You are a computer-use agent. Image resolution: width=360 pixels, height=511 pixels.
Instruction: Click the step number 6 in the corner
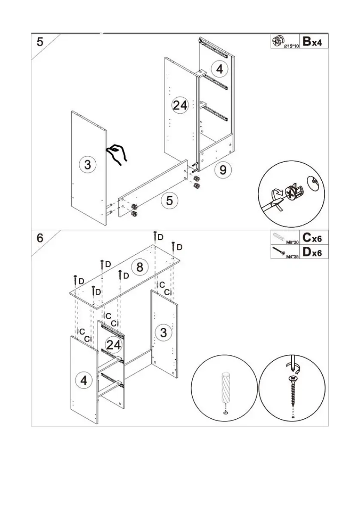pyautogui.click(x=40, y=238)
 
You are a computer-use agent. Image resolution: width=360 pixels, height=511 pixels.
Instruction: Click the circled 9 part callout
pyautogui.click(x=223, y=170)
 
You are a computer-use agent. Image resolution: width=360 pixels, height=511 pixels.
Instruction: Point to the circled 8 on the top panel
pyautogui.click(x=139, y=267)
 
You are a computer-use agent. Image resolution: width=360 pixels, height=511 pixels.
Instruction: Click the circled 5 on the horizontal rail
pyautogui.click(x=170, y=200)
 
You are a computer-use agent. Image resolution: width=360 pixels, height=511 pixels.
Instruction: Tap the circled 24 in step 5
pyautogui.click(x=180, y=105)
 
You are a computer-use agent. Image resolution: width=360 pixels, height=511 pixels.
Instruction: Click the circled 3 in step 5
pyautogui.click(x=88, y=164)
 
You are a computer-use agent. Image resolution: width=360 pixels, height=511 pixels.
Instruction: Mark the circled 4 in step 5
pyautogui.click(x=219, y=69)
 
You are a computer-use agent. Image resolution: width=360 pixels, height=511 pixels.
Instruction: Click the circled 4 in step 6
pyautogui.click(x=84, y=379)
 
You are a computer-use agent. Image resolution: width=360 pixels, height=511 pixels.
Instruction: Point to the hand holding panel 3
pyautogui.click(x=117, y=154)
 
